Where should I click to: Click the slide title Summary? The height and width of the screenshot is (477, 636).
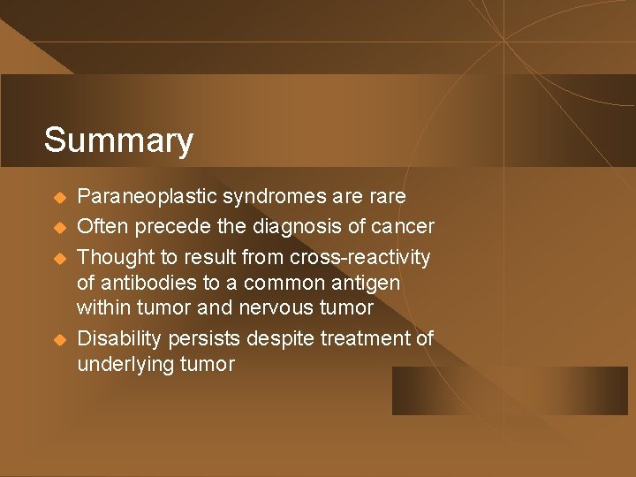click(118, 140)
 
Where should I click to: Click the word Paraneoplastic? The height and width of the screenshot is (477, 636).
click(147, 196)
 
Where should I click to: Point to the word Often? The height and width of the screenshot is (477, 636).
click(102, 227)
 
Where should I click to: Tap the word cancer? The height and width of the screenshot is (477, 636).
click(403, 227)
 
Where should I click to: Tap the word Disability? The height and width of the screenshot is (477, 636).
click(117, 339)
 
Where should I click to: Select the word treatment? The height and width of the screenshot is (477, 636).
click(362, 339)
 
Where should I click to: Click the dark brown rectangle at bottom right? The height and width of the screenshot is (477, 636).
click(510, 390)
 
